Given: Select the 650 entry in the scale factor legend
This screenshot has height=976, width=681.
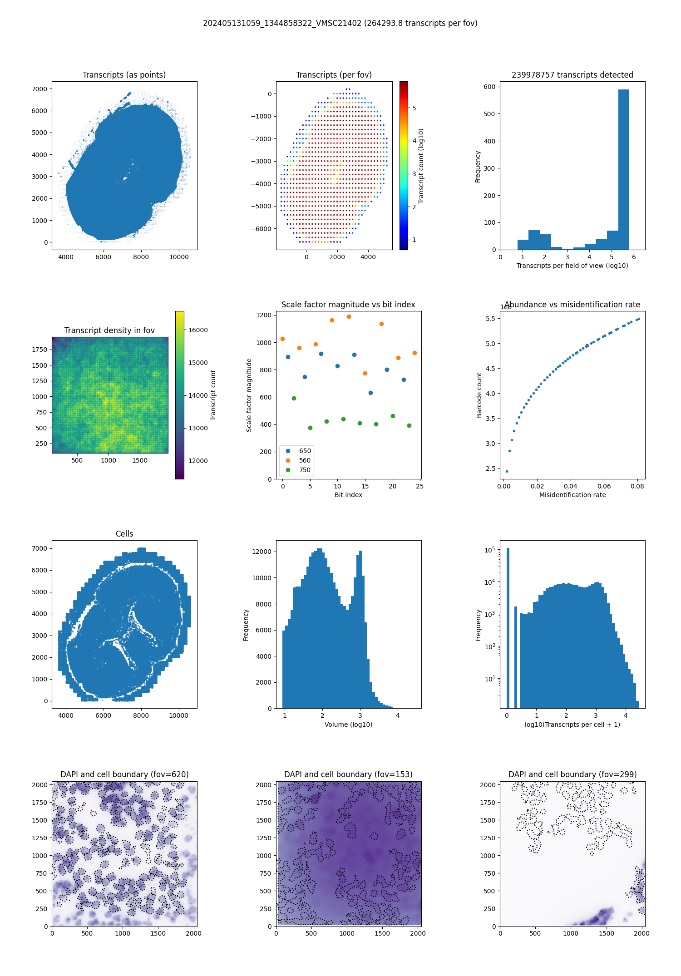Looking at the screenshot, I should pyautogui.click(x=305, y=451).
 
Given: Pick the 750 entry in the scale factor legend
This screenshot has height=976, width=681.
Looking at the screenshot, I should pyautogui.click(x=305, y=470).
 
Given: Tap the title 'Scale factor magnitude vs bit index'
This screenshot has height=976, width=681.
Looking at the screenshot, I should pyautogui.click(x=348, y=305).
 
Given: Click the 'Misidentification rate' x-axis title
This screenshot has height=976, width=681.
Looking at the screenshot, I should pyautogui.click(x=572, y=495).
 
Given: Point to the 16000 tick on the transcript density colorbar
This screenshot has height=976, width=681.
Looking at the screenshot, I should pyautogui.click(x=198, y=330).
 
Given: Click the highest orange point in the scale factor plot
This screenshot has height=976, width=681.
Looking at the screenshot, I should pyautogui.click(x=349, y=316).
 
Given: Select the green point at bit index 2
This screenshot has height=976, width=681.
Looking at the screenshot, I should pyautogui.click(x=294, y=398).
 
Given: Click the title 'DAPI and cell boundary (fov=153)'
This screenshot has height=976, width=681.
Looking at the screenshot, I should pyautogui.click(x=348, y=774).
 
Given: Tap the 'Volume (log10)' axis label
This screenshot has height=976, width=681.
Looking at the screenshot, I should pyautogui.click(x=348, y=725).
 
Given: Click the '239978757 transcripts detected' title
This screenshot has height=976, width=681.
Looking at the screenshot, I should pyautogui.click(x=572, y=75).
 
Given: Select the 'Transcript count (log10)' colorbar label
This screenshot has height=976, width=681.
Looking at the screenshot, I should pyautogui.click(x=421, y=166).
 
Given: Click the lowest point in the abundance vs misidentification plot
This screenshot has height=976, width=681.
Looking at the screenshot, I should pyautogui.click(x=507, y=471).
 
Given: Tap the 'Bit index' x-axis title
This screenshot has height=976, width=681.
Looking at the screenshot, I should pyautogui.click(x=348, y=495).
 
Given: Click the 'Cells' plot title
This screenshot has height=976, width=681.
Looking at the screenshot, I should pyautogui.click(x=124, y=534).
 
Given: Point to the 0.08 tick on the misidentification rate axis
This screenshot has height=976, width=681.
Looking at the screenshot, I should pyautogui.click(x=637, y=486).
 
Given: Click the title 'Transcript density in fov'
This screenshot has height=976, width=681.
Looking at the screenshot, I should pyautogui.click(x=109, y=330).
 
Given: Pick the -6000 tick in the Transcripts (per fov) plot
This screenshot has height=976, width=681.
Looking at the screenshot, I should pyautogui.click(x=262, y=229).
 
